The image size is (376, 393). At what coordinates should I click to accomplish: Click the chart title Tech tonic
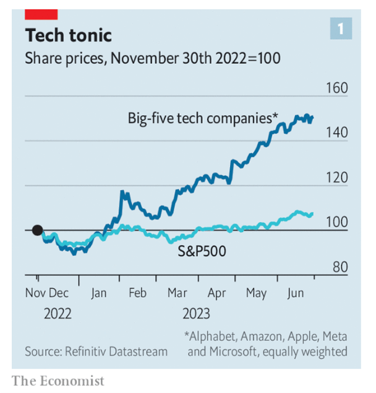[68, 34]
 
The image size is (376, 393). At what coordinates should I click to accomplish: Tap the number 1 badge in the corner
[340, 28]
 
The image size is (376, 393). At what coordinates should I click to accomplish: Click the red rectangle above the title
[41, 13]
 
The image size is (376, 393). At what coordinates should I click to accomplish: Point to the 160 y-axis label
[337, 88]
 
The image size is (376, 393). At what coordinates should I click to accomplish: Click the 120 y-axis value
[337, 178]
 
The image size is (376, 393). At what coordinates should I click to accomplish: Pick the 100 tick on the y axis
[337, 223]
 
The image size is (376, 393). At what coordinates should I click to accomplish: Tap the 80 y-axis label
[338, 267]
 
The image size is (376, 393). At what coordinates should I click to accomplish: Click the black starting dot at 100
[37, 230]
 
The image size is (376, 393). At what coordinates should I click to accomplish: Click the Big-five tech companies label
[203, 118]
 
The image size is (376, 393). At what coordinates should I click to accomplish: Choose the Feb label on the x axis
[137, 293]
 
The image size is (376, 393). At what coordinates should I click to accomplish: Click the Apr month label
[216, 293]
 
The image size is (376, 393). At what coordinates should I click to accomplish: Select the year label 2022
[58, 313]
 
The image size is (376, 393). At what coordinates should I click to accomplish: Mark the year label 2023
[196, 313]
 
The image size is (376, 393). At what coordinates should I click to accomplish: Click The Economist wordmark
[58, 380]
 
